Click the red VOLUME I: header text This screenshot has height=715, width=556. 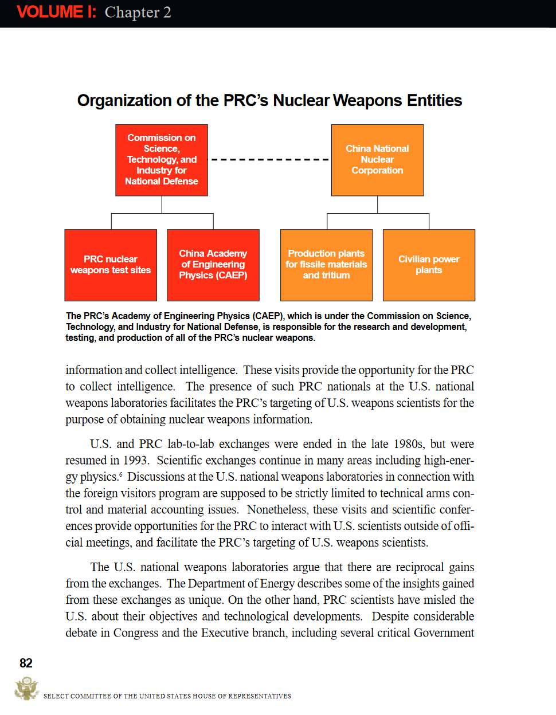click(56, 12)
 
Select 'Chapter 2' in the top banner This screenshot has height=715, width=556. click(138, 13)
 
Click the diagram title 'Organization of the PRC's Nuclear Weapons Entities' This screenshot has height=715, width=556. click(269, 101)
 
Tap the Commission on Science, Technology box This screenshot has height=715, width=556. click(162, 160)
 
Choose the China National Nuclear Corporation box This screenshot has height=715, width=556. click(377, 160)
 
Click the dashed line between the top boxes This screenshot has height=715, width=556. click(269, 159)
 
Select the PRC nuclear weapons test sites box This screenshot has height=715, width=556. click(111, 265)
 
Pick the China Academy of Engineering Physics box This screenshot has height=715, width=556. click(213, 265)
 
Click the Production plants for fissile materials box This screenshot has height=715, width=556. click(326, 265)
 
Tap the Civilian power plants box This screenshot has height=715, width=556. click(429, 265)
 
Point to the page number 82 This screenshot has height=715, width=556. click(26, 663)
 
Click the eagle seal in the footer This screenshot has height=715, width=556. click(26, 688)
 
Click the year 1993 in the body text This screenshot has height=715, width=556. click(136, 461)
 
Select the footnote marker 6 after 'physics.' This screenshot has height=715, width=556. click(120, 474)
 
